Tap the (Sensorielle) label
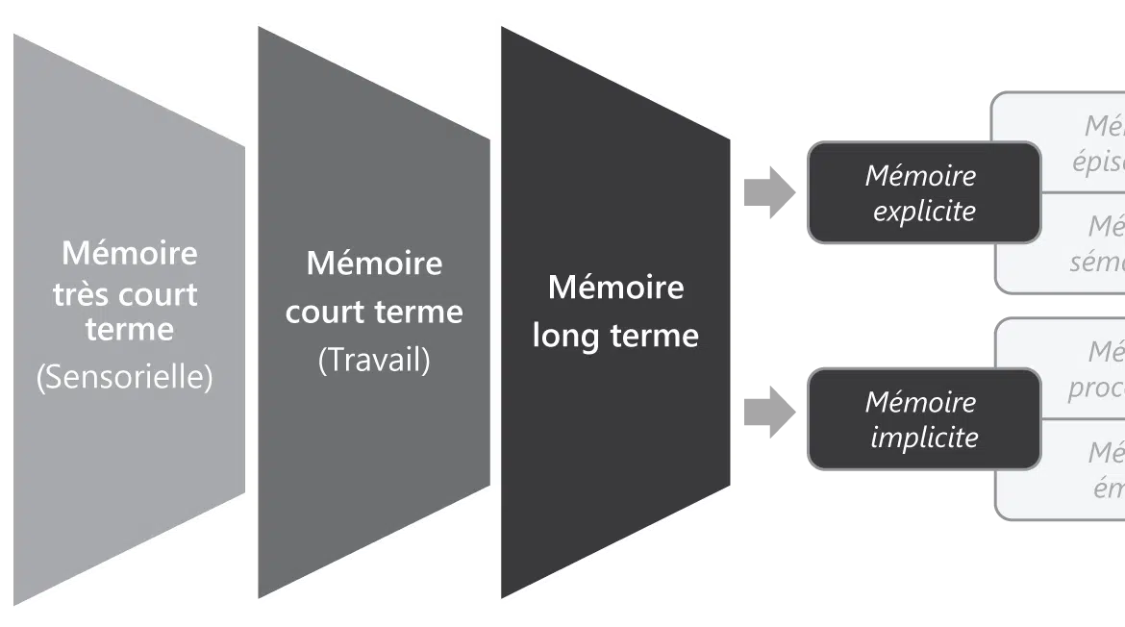coord(124,377)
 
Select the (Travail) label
coord(374,360)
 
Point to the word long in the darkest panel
coord(568,336)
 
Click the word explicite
coord(924,211)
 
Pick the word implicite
coord(924,437)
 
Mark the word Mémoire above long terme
coord(615,287)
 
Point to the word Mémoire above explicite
coord(920,176)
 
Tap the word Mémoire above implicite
coord(920,402)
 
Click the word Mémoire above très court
coord(129,253)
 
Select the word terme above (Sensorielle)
coord(129,329)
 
